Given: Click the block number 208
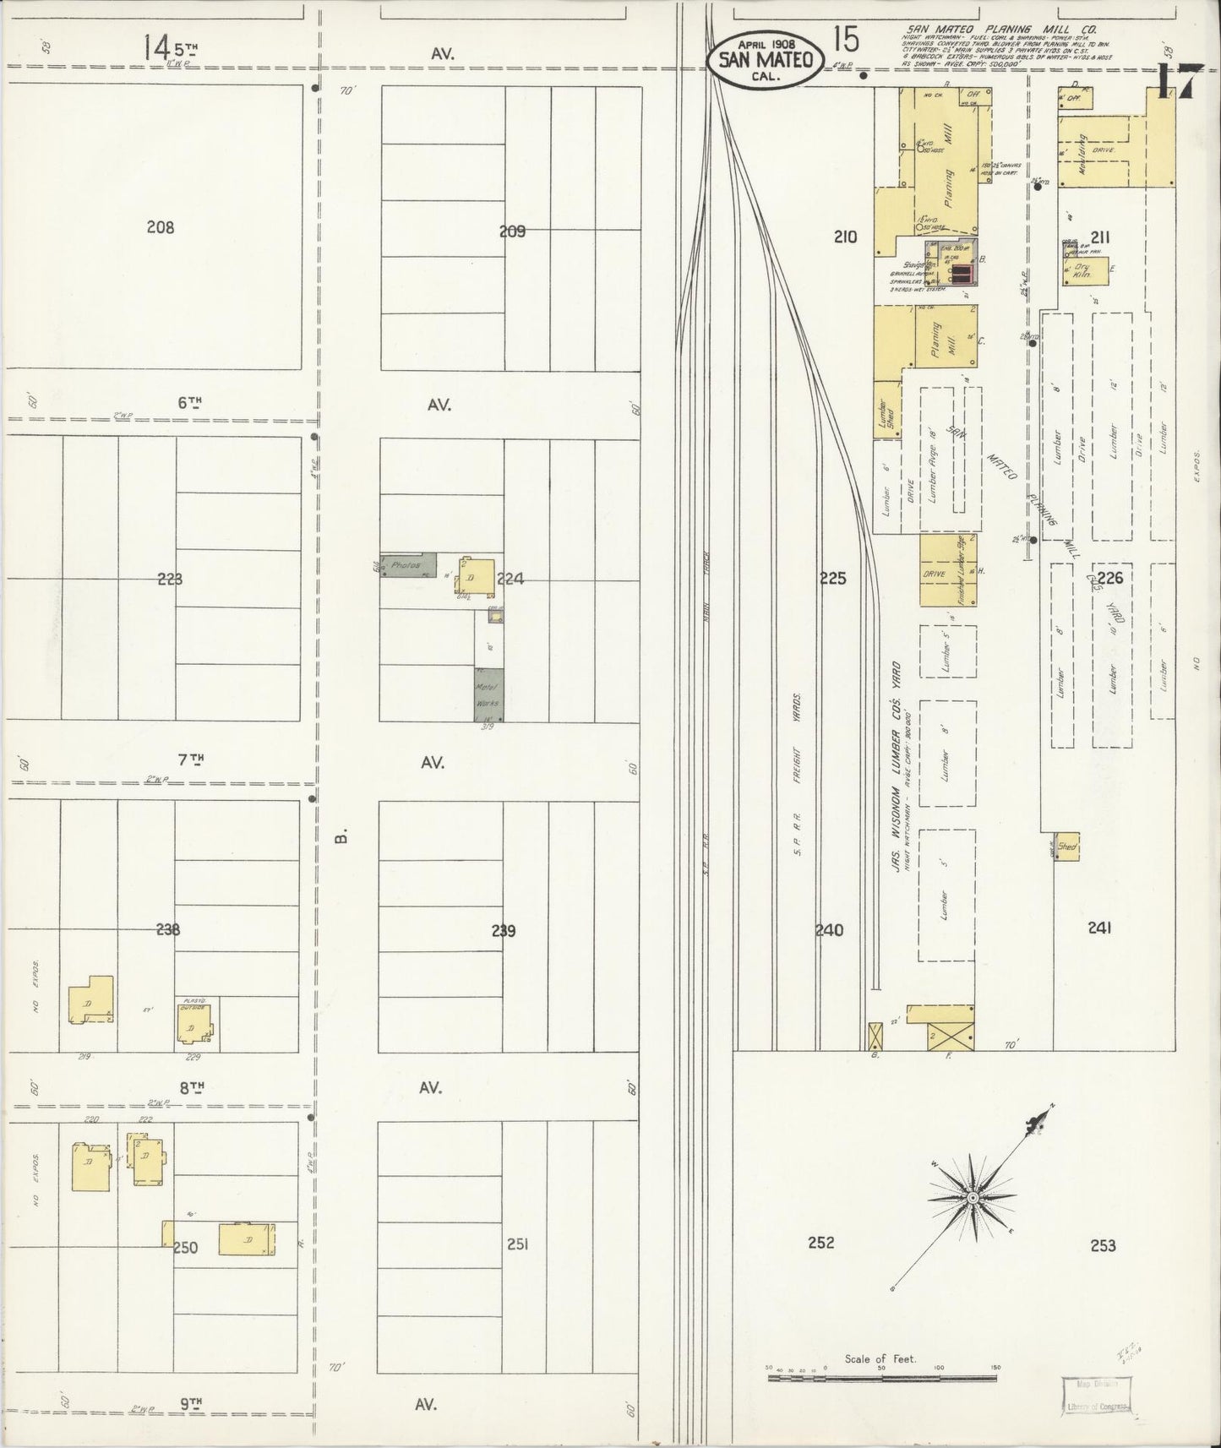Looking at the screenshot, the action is (x=160, y=226).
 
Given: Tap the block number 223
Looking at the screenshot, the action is (x=170, y=579).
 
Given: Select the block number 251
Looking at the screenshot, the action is (x=517, y=1244).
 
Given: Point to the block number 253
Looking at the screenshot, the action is (x=1103, y=1244).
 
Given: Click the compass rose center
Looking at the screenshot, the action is (x=973, y=1198).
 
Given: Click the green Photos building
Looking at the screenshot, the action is (x=409, y=565).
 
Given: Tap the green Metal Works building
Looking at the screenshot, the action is (x=488, y=694).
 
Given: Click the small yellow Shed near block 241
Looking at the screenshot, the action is (x=1067, y=847).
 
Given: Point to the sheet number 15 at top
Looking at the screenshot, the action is (x=845, y=39).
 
